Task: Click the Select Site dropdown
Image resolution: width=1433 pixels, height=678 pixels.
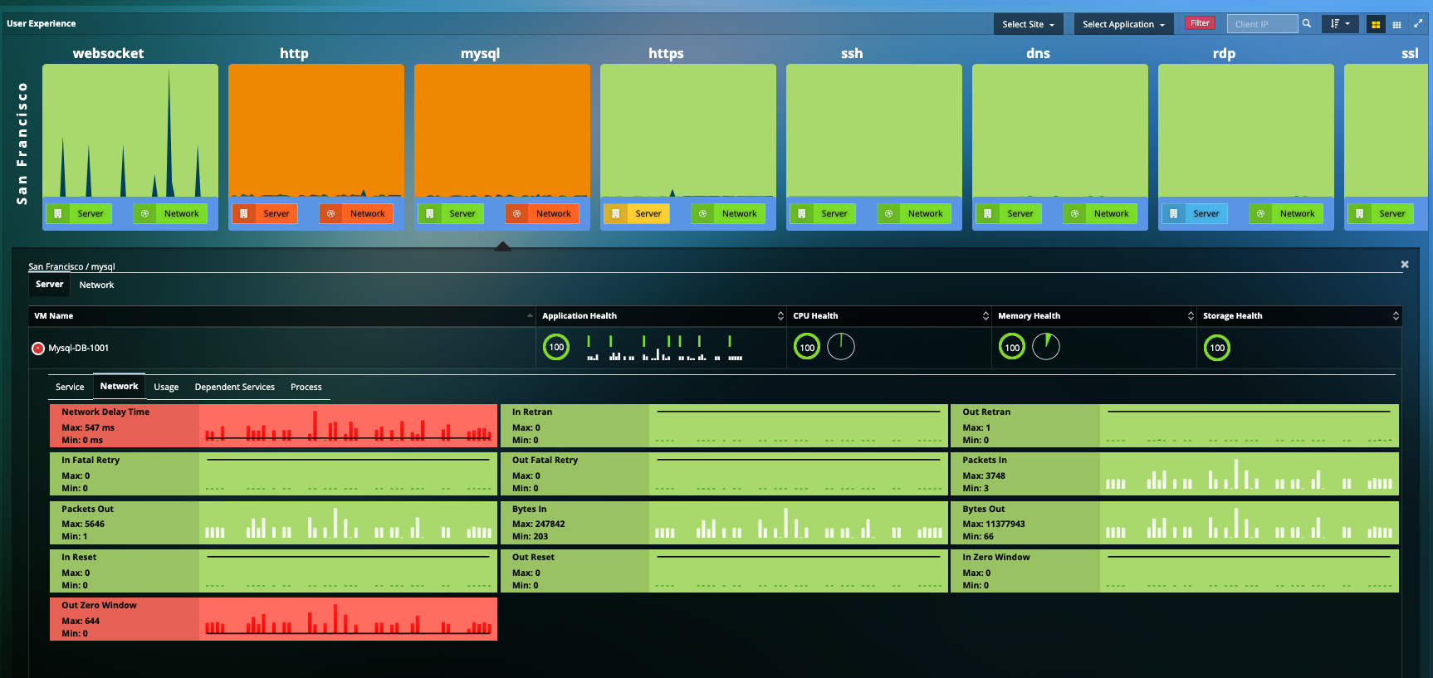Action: [x=1027, y=24]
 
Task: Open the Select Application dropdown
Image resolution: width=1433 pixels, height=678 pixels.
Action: [x=1122, y=24]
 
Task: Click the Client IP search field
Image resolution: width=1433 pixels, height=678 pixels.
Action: [x=1261, y=24]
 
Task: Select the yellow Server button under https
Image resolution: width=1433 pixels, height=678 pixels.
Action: [x=637, y=214]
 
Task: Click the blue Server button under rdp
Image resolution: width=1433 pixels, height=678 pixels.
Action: [x=1195, y=214]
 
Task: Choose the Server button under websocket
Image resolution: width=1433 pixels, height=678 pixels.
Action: [x=79, y=214]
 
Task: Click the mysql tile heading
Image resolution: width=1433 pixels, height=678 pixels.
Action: [x=480, y=53]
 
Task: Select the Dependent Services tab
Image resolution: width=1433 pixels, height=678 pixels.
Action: [x=234, y=388]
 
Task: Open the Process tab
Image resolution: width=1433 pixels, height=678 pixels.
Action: [x=306, y=388]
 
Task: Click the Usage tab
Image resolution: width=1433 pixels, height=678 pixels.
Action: [x=166, y=388]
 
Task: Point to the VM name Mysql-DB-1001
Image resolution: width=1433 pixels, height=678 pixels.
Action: [x=78, y=349]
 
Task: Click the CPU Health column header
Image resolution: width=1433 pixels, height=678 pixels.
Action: [x=815, y=316]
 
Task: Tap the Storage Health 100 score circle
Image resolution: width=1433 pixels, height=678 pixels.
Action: [x=1216, y=348]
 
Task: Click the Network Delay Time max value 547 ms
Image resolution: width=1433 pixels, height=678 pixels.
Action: [x=88, y=428]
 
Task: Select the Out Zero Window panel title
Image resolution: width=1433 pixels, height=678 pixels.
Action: [x=99, y=606]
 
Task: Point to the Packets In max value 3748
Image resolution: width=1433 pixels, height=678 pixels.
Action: [x=984, y=476]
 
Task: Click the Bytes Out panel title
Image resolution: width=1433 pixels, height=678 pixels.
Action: [x=983, y=510]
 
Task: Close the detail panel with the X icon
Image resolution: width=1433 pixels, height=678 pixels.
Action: [x=1405, y=265]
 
